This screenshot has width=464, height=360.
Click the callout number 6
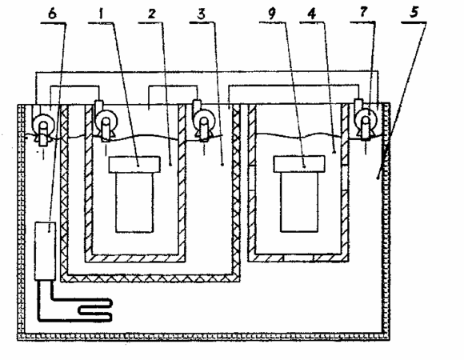pos(52,14)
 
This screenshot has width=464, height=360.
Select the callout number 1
pos(102,14)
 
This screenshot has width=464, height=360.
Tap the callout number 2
pos(151,14)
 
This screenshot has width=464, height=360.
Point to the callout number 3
pos(202,14)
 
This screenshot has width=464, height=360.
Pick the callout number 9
pos(272,14)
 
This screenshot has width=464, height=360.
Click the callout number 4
pos(312,14)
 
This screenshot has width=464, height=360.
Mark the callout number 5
pos(414,13)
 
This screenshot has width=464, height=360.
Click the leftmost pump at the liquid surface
pos(43,128)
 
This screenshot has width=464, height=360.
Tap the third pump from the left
pos(203,122)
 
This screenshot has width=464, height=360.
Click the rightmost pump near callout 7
pos(366,119)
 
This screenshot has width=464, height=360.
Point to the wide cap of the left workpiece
pos(134,165)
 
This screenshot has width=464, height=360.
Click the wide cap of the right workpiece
pos(299,164)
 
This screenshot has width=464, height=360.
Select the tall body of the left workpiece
pos(134,202)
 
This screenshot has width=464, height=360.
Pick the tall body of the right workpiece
pos(299,202)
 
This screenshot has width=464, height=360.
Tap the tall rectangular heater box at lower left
pos(45,251)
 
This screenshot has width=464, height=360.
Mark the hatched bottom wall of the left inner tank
pos(135,258)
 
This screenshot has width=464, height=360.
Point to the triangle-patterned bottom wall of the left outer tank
pos(150,278)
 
